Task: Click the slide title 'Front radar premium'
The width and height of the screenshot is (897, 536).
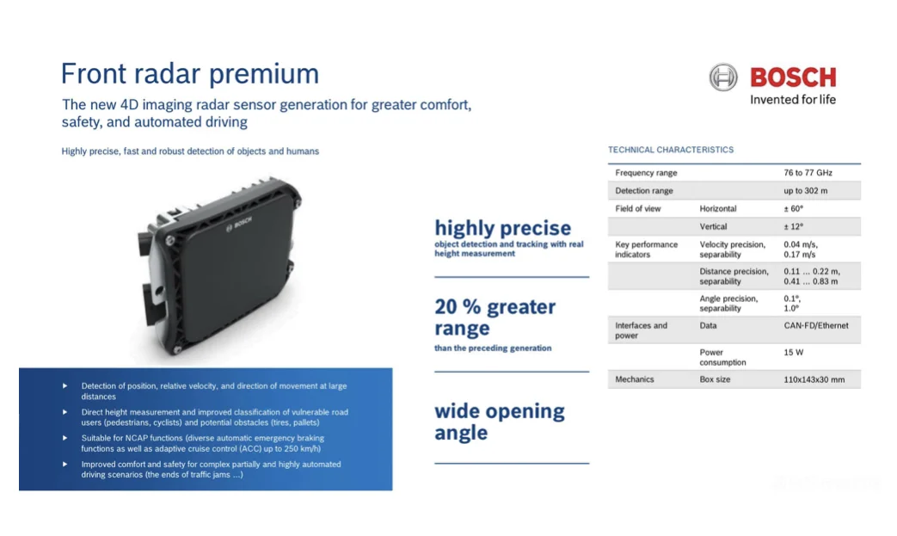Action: click(189, 74)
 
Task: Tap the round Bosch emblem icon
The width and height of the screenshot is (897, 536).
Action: click(723, 77)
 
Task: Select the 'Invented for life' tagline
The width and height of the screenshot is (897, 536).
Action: click(793, 100)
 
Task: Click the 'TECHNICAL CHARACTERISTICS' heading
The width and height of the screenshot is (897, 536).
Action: click(671, 150)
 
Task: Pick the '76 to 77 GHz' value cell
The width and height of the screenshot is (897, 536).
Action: click(808, 173)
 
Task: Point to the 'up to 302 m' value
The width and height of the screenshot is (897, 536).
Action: click(806, 190)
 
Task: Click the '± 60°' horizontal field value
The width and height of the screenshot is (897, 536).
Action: click(794, 209)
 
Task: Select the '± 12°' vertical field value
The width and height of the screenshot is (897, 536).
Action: click(794, 226)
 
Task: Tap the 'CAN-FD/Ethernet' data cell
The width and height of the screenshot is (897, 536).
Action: click(816, 325)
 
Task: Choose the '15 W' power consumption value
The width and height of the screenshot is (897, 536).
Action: click(794, 353)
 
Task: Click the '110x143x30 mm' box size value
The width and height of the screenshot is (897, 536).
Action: click(814, 379)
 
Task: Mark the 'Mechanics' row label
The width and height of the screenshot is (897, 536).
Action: click(635, 379)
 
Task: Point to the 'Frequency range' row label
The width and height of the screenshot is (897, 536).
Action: click(646, 173)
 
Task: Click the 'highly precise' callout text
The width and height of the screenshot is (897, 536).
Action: click(503, 228)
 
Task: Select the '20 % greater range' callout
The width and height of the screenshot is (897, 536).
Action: click(495, 317)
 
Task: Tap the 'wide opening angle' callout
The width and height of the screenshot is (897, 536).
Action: click(500, 422)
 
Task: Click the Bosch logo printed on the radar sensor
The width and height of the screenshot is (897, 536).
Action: click(239, 224)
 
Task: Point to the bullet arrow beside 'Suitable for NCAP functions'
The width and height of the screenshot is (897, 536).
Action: click(65, 438)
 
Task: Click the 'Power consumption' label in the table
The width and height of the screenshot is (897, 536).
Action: click(722, 358)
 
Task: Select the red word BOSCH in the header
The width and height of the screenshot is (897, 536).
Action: click(793, 77)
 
